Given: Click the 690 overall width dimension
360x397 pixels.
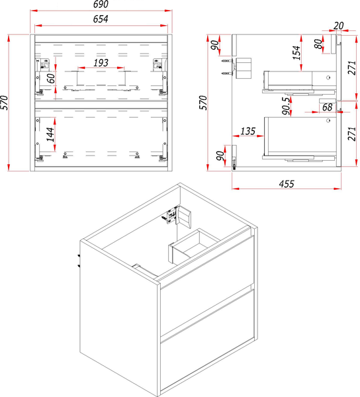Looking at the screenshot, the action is click(x=101, y=4).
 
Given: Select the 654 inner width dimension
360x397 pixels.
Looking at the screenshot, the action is click(x=101, y=19).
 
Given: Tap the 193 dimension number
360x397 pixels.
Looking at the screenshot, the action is click(x=101, y=63).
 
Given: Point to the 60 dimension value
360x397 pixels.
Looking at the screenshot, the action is click(x=51, y=78).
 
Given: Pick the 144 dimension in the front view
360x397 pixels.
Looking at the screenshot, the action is click(x=50, y=134).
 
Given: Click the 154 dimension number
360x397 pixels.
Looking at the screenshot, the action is click(x=296, y=53).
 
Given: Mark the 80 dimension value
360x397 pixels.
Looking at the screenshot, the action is click(x=319, y=44).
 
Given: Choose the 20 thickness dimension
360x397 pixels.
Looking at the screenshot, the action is click(x=338, y=26).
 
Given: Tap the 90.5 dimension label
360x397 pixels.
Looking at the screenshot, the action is click(x=286, y=106).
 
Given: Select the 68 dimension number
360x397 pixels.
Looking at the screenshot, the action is click(x=327, y=107).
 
